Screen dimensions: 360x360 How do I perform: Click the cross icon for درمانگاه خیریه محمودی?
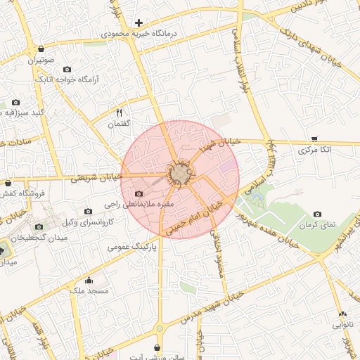point(139,23)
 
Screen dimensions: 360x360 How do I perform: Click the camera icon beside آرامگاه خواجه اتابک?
point(67,70)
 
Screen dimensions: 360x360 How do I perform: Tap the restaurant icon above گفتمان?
point(119,112)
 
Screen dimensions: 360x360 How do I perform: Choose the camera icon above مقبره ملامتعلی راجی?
point(139,193)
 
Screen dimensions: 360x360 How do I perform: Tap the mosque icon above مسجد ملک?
point(88,279)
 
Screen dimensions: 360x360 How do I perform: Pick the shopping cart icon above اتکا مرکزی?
point(314,139)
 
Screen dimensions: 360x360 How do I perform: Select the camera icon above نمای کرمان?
point(317,214)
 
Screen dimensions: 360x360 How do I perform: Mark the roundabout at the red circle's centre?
point(180,175)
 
